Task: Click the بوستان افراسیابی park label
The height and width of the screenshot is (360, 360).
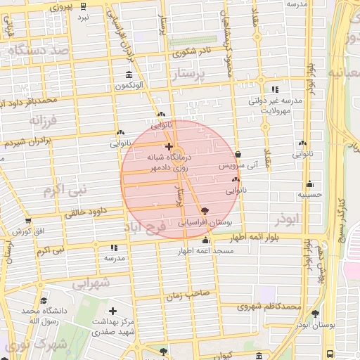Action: click(205, 222)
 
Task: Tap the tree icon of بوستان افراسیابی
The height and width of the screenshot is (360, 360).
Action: click(205, 211)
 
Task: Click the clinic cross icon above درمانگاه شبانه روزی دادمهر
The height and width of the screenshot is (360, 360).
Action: click(168, 146)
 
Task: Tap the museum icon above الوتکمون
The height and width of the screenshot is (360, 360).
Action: click(129, 75)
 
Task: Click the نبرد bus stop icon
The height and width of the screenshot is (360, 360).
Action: click(84, 6)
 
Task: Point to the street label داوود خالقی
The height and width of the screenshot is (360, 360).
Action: click(86, 210)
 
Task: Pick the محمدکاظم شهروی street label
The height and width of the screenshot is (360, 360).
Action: click(269, 307)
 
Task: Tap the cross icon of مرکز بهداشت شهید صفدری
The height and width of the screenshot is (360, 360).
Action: click(112, 311)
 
